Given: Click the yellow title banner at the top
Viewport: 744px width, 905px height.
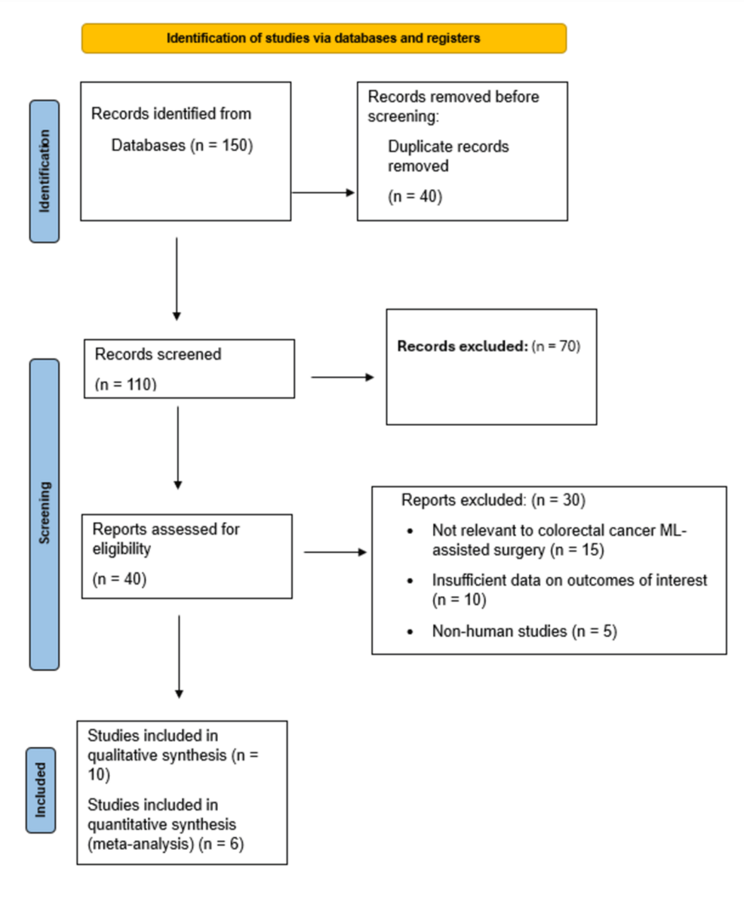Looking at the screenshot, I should [x=324, y=39].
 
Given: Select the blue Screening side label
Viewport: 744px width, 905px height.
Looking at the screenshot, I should [x=45, y=514].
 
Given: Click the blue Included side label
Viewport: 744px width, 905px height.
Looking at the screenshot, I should [x=40, y=789].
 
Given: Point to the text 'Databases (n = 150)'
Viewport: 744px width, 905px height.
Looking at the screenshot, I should [x=182, y=145].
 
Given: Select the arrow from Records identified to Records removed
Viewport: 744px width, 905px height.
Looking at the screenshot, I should [x=323, y=193].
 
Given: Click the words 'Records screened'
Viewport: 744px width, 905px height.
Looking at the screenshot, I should [x=158, y=354].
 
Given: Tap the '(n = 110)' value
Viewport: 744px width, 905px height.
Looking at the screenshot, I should [x=125, y=385].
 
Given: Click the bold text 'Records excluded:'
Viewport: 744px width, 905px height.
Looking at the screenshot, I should [x=462, y=347].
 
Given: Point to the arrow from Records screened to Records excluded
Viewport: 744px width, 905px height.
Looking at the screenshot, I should [x=342, y=376].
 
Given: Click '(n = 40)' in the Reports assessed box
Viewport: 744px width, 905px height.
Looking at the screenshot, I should [x=119, y=580].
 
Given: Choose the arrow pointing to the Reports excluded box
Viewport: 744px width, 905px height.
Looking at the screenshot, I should [x=335, y=552].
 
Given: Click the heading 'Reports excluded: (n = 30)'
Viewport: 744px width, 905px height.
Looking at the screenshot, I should [x=493, y=500].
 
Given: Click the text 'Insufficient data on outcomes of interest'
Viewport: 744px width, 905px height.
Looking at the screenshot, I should [x=570, y=581].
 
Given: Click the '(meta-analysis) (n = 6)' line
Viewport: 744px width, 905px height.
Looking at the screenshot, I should [x=161, y=845].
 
